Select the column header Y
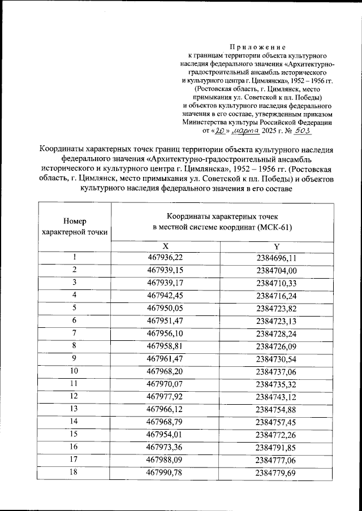277,246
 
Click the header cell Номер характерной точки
75,226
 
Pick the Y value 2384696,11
277,258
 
